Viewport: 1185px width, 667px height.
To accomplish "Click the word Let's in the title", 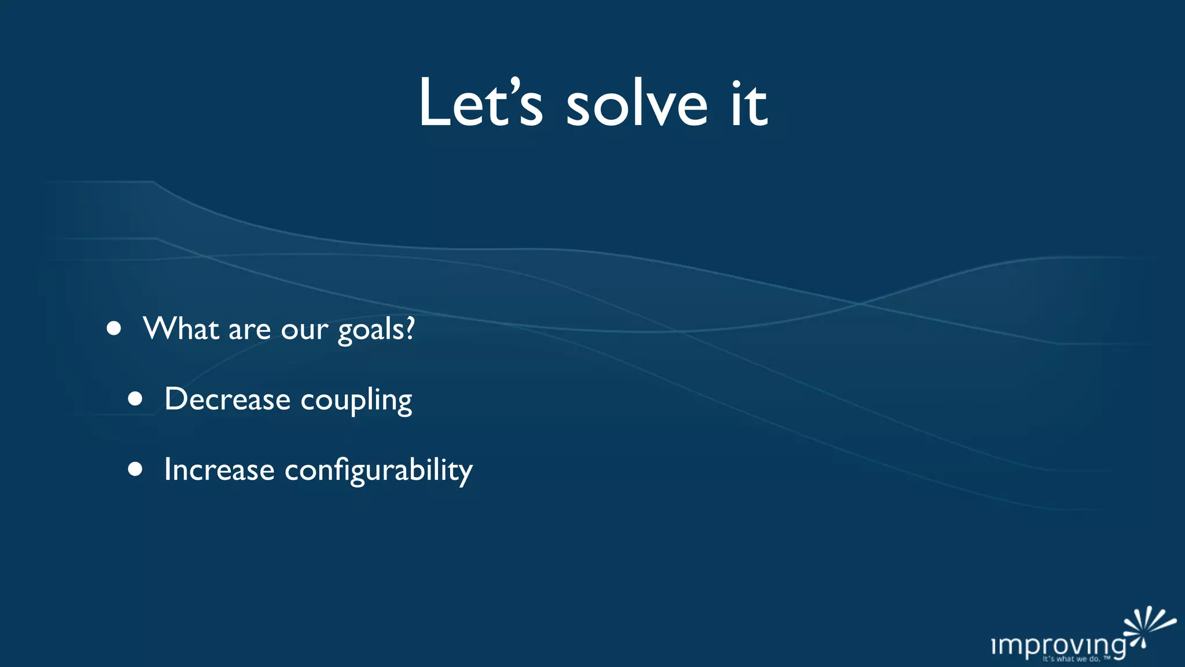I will pos(480,103).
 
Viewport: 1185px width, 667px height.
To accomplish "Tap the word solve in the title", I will pos(636,103).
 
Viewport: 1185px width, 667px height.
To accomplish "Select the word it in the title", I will pos(749,103).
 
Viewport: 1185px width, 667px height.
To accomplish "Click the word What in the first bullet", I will pos(181,328).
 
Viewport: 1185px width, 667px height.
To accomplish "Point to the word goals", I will pos(370,330).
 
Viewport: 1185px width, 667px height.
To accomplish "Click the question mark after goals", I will pos(410,328).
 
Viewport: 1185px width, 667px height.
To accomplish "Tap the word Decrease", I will pos(227,399).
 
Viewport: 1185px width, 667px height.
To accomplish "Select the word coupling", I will pos(356,401).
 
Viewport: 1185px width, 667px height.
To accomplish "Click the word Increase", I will pos(219,469).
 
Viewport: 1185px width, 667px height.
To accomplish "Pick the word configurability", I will pos(378,470).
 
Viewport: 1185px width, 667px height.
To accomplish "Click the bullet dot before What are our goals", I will pos(114,329).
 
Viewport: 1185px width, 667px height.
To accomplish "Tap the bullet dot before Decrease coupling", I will pos(135,399).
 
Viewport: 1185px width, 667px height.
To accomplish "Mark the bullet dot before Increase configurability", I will pos(135,469).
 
